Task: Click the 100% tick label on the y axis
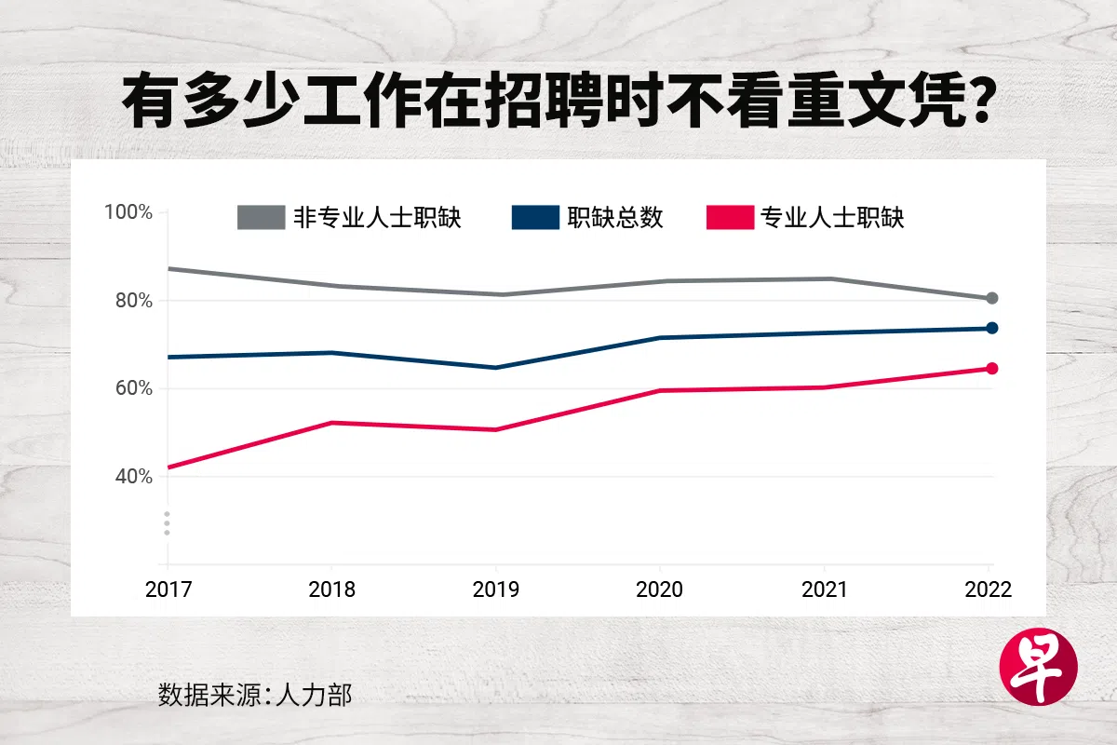click(128, 212)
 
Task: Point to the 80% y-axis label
click(132, 301)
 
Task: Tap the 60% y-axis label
click(132, 388)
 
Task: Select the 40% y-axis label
click(132, 477)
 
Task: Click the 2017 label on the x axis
click(168, 590)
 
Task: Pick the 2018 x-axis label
click(332, 590)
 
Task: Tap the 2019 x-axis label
click(496, 590)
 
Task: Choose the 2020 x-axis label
click(660, 590)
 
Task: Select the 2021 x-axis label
click(825, 590)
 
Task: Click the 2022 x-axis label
click(989, 590)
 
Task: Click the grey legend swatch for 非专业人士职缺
click(261, 218)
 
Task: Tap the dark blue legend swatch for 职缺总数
click(535, 218)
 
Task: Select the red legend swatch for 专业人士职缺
click(730, 218)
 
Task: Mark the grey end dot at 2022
click(992, 298)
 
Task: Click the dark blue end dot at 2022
click(992, 328)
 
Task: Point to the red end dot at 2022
click(992, 369)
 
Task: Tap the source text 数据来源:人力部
click(256, 695)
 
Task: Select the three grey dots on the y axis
click(168, 523)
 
